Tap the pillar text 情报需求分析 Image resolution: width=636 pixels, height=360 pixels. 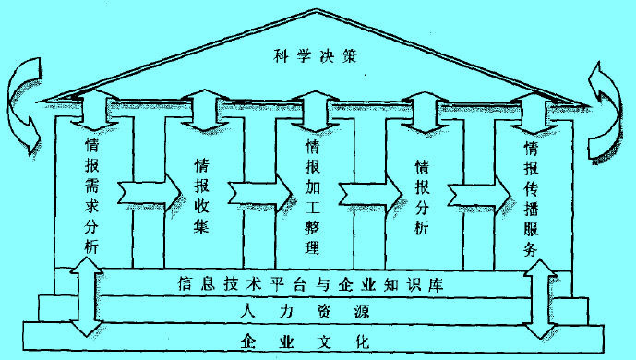tap(91, 194)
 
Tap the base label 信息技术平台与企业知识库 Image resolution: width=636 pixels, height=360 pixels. tap(313, 283)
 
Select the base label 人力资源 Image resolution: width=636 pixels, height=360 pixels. tap(313, 313)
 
